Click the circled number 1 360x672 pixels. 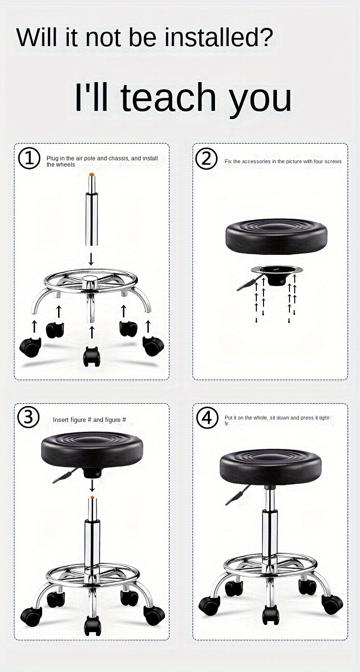pyautogui.click(x=29, y=158)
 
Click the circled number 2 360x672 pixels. pyautogui.click(x=207, y=158)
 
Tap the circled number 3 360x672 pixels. pyautogui.click(x=28, y=418)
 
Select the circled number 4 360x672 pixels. pyautogui.click(x=207, y=418)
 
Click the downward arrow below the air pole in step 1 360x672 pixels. pyautogui.click(x=91, y=260)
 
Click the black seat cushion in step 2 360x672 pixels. pyautogui.click(x=276, y=236)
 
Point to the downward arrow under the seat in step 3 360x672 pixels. pyautogui.click(x=92, y=487)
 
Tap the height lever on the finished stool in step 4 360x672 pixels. pyautogui.click(x=236, y=496)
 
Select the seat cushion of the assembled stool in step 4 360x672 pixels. pyautogui.click(x=271, y=466)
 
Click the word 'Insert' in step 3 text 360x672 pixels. pyautogui.click(x=60, y=420)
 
